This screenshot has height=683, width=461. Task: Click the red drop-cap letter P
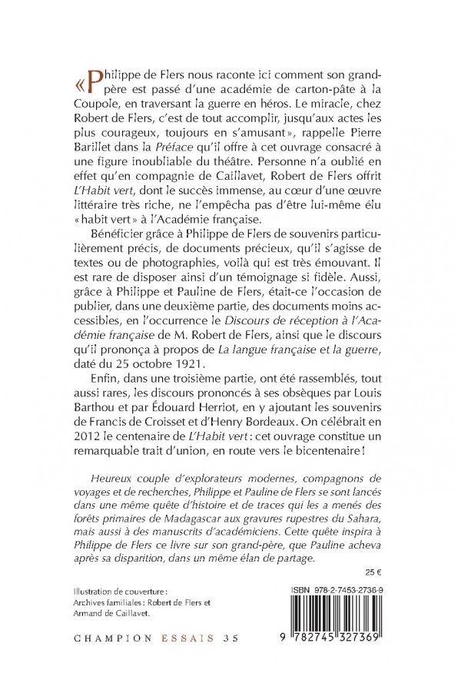[93, 79]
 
